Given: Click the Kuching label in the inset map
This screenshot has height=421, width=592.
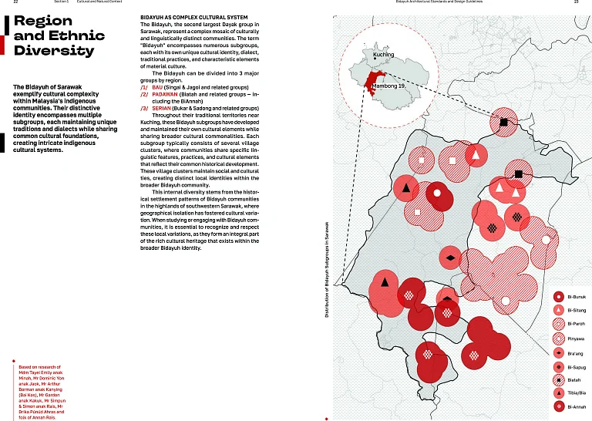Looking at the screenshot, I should [x=383, y=56].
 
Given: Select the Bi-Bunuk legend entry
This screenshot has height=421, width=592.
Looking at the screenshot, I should [x=577, y=296].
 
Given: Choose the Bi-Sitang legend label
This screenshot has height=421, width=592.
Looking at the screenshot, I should [x=577, y=310].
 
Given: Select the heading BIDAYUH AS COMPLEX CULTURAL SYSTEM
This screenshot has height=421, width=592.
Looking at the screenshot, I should [x=193, y=16].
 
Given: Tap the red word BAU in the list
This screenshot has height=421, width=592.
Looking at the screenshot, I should [x=158, y=87].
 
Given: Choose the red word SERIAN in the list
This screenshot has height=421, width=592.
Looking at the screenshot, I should [x=163, y=109].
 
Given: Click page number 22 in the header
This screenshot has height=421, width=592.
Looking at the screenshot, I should [x=7, y=2].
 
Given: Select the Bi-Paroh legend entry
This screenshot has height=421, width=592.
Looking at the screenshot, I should [x=576, y=324].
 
